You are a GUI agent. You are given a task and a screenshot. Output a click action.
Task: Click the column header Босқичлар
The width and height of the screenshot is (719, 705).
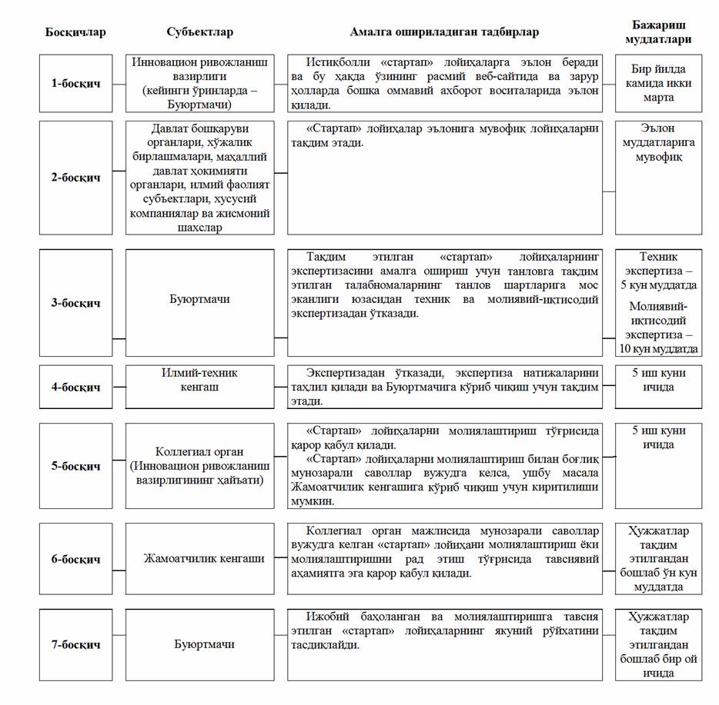coord(75,32)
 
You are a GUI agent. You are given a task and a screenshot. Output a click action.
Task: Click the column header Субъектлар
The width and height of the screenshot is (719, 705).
coord(199,32)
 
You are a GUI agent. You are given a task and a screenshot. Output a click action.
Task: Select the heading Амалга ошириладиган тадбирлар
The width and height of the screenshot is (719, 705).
coord(444,32)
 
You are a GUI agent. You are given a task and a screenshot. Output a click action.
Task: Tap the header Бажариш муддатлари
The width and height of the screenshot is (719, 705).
coord(658,32)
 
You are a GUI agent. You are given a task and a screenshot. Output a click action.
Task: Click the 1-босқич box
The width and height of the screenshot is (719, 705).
coord(75,83)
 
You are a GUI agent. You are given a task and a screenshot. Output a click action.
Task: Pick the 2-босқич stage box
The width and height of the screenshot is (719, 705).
coord(75,178)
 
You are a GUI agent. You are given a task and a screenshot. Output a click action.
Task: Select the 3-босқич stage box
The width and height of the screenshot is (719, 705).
coord(75,303)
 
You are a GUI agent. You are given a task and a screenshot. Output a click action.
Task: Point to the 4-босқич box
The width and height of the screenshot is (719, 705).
coord(75,387)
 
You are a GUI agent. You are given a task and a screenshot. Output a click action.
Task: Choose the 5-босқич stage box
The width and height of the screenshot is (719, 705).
coord(75,466)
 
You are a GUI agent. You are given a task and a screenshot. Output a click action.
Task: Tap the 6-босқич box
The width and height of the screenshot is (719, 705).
coord(75,559)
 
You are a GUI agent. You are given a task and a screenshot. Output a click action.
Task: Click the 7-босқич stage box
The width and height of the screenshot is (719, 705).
coord(75,644)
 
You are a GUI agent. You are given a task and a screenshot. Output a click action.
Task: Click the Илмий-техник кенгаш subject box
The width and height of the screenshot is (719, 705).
coord(199,387)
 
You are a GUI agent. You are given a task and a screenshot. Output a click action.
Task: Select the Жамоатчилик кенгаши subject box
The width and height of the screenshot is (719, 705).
coord(199,559)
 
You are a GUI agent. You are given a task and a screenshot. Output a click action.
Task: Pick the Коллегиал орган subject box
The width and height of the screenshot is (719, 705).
coord(199,466)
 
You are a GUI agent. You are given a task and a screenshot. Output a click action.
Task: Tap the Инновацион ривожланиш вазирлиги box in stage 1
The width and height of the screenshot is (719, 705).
coord(199,83)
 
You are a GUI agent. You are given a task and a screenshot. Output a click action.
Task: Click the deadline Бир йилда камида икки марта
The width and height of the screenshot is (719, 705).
coord(658,83)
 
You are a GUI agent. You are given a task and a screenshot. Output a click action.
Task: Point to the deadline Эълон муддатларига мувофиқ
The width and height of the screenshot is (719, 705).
coord(658,143)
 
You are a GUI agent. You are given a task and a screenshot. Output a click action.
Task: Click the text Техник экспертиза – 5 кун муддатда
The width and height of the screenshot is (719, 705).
coord(658,271)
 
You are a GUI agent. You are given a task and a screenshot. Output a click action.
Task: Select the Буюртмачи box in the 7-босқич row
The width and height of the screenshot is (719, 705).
coord(199,644)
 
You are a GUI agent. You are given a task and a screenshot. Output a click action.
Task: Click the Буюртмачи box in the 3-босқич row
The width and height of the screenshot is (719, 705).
coord(199,303)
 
